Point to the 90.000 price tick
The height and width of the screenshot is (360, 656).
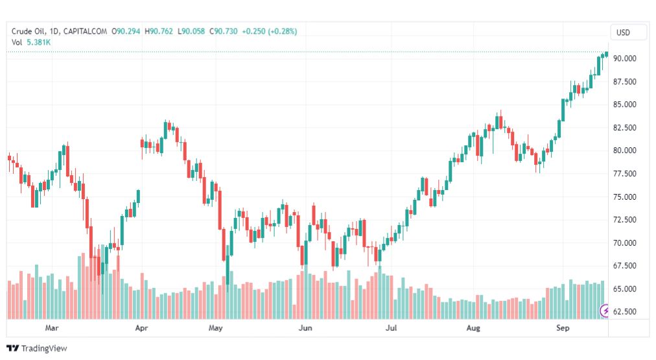tap(626, 58)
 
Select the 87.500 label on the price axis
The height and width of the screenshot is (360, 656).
tap(626, 82)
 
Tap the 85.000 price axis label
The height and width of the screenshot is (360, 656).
tap(626, 104)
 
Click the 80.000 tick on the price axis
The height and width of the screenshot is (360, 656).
tap(626, 150)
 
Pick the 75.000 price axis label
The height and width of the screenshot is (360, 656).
tap(626, 197)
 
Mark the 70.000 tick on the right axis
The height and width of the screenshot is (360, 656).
tap(626, 243)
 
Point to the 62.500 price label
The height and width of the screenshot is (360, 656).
tap(626, 312)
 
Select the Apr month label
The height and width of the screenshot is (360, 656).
tap(143, 328)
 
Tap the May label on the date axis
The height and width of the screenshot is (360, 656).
tap(215, 328)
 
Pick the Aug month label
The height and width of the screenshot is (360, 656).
tap(474, 328)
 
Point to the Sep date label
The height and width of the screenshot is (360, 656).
tap(563, 328)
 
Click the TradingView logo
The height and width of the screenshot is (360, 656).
tap(37, 348)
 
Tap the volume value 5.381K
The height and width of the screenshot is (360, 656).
tap(38, 42)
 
